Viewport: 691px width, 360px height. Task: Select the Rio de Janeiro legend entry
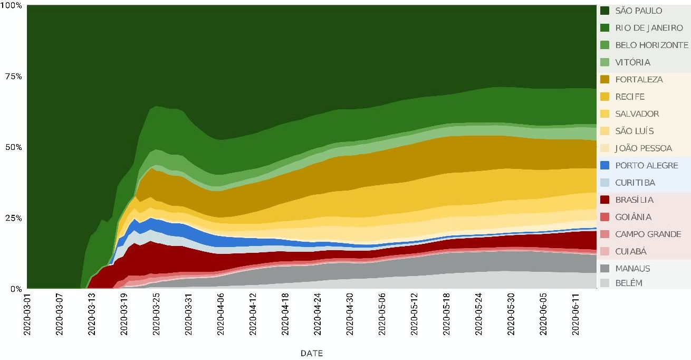point(649,28)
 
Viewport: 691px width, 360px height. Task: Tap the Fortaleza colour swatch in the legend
point(605,80)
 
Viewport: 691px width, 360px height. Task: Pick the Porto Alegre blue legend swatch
point(605,166)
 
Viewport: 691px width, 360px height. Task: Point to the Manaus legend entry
point(633,269)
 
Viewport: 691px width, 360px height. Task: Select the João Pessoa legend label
point(644,148)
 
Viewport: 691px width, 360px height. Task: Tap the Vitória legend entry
point(632,62)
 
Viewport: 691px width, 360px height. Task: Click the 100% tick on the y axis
point(11,6)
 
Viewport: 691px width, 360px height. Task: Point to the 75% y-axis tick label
point(13,77)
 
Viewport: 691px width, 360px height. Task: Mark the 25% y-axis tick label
point(13,218)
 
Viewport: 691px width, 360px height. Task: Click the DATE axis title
point(311,353)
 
